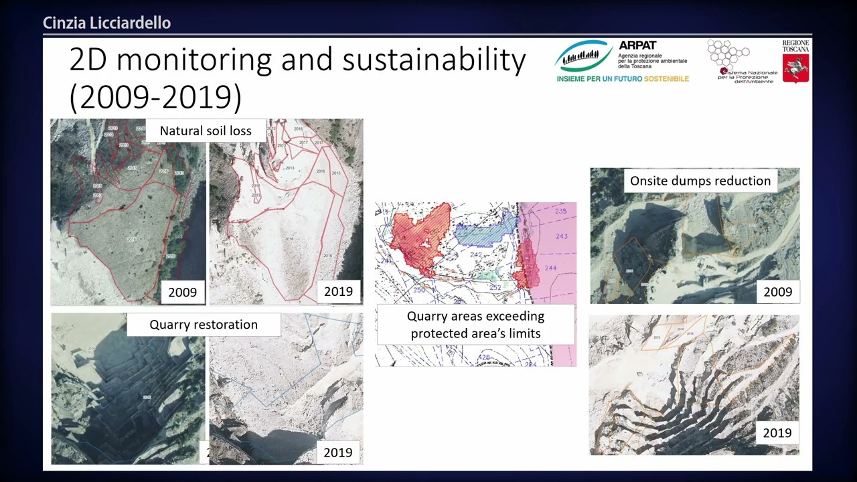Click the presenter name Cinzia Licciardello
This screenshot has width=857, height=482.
(x=106, y=23)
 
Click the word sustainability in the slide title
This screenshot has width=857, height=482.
(x=434, y=60)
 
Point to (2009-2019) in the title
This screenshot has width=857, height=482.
(x=155, y=97)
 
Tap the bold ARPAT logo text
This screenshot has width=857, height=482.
(x=637, y=46)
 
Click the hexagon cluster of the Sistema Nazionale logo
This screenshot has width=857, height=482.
(x=728, y=54)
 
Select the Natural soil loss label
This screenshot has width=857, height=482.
(x=206, y=131)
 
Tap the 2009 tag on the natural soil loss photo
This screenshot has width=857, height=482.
(x=182, y=292)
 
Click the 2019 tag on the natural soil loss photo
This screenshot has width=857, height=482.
(x=338, y=291)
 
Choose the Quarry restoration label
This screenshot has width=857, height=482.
(x=204, y=325)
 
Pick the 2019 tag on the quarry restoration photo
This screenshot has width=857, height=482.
(x=338, y=453)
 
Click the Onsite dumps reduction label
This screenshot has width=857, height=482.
(x=700, y=181)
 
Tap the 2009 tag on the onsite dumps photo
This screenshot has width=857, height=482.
(x=777, y=292)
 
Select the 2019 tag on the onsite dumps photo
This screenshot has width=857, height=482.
(x=777, y=433)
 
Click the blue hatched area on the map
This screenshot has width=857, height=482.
(x=485, y=230)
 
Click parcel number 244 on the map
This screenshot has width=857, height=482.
(x=550, y=268)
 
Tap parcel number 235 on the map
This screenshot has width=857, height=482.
(x=560, y=212)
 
